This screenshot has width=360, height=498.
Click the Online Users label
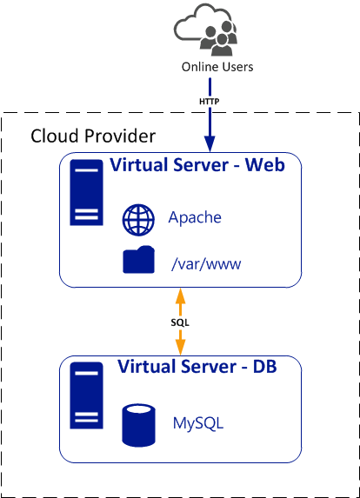point(217,67)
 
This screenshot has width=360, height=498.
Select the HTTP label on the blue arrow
point(209,102)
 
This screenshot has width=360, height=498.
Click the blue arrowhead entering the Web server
point(210,144)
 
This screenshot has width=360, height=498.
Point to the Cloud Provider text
point(93,136)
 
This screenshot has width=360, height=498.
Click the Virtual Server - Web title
point(197,165)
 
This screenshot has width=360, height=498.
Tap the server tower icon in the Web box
point(86,192)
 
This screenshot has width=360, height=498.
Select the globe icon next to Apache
point(138,220)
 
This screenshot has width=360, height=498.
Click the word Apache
point(195,218)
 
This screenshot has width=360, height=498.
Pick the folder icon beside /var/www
point(139,260)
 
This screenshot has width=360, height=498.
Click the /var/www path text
point(206,263)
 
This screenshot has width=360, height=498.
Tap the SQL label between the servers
point(180,322)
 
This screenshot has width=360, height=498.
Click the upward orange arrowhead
point(181,296)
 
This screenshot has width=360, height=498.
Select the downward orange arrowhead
point(181,347)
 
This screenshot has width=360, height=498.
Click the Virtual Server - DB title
point(197,366)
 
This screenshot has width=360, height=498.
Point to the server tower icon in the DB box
point(86,395)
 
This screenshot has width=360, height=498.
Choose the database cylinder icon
point(139,425)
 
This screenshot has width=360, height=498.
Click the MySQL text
point(198,423)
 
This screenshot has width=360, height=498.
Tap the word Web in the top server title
point(264,165)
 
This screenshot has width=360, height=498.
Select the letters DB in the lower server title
point(264,366)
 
